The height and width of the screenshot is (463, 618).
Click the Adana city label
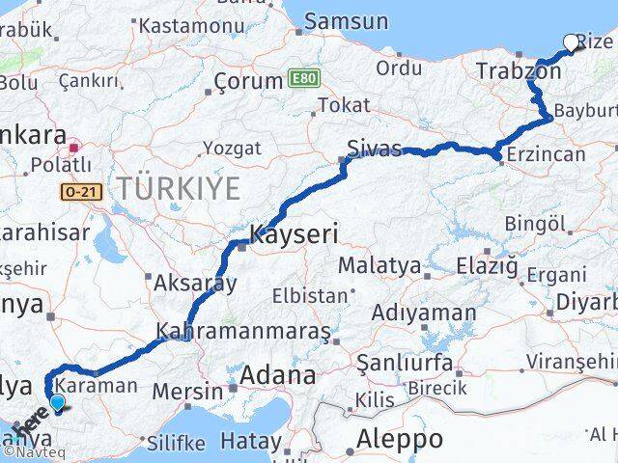[278, 374]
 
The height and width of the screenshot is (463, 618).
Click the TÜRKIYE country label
[177, 188]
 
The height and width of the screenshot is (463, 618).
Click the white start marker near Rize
[570, 41]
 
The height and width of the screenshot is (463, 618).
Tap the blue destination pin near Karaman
[57, 405]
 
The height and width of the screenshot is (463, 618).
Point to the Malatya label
[378, 265]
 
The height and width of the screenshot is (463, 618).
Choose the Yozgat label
[232, 148]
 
